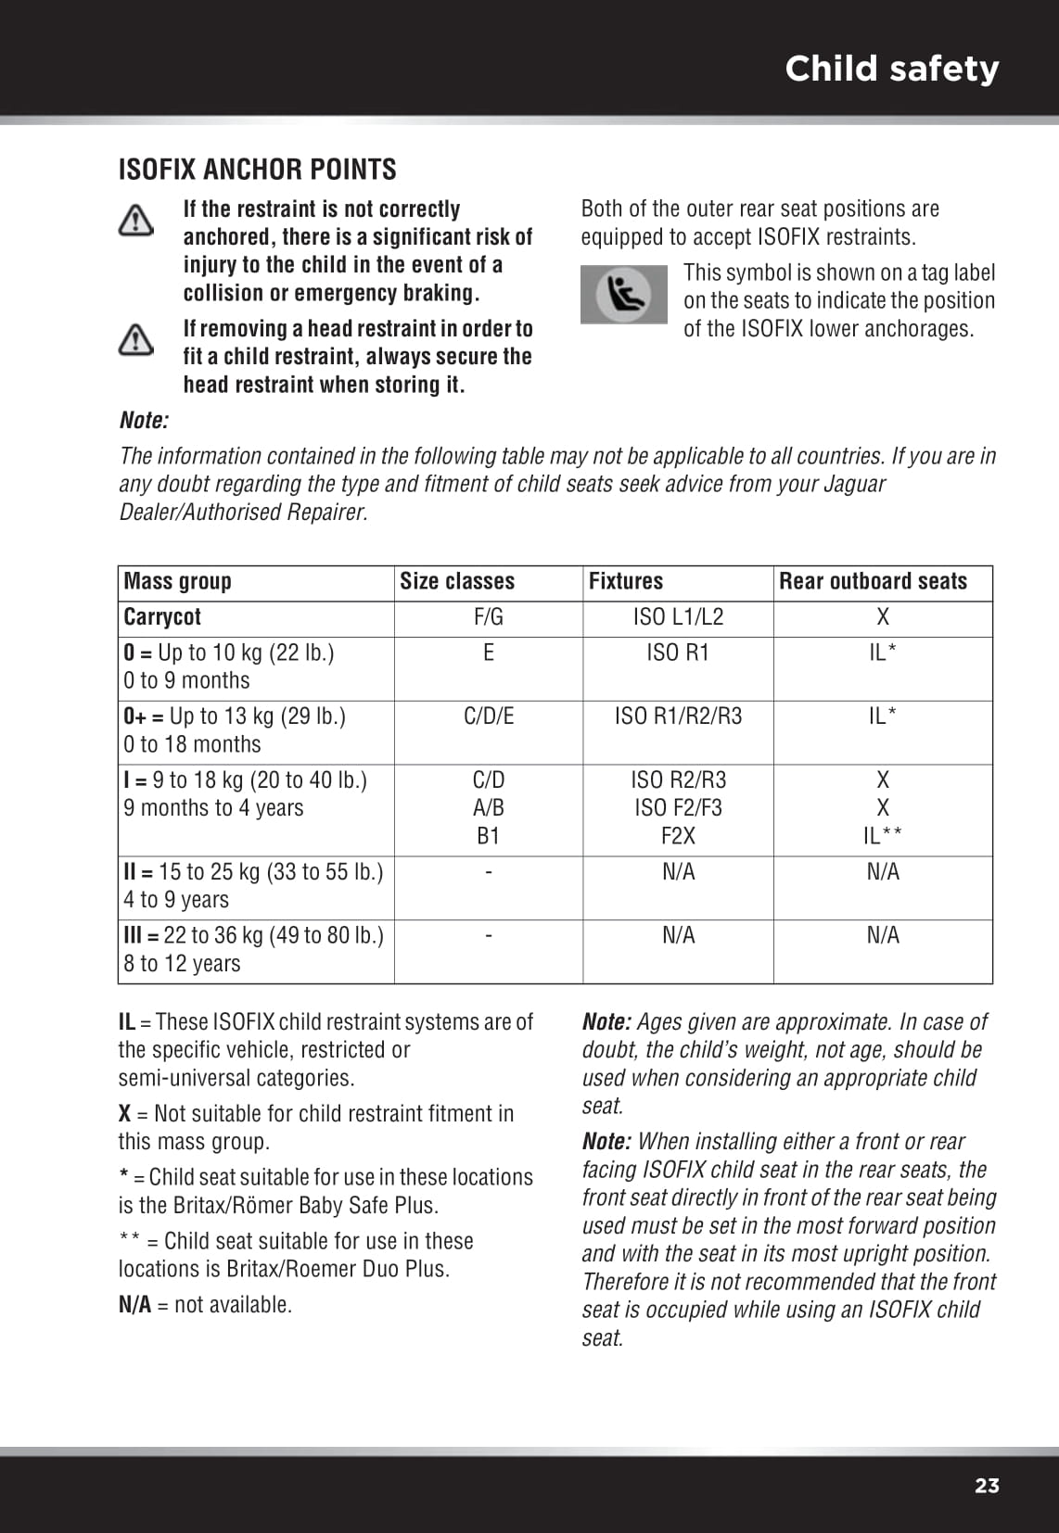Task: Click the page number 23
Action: [987, 1486]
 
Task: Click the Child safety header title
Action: [891, 69]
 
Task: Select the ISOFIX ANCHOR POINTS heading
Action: [257, 170]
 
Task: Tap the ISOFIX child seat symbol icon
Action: [623, 295]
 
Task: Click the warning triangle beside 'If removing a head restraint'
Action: [136, 340]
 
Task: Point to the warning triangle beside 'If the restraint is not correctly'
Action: [136, 221]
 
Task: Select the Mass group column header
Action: [177, 582]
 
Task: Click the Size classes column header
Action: [457, 582]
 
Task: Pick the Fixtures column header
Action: [626, 582]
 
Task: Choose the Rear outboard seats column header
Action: [873, 582]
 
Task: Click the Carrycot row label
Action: [162, 617]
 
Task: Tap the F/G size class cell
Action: [489, 617]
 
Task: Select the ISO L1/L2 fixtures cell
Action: [678, 617]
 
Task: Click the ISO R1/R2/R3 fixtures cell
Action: [678, 716]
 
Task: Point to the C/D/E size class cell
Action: [489, 716]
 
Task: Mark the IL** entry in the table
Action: [882, 836]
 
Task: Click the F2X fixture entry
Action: [678, 836]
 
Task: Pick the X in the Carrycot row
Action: [883, 617]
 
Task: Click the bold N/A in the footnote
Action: [134, 1305]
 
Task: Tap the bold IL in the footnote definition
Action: [126, 1022]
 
